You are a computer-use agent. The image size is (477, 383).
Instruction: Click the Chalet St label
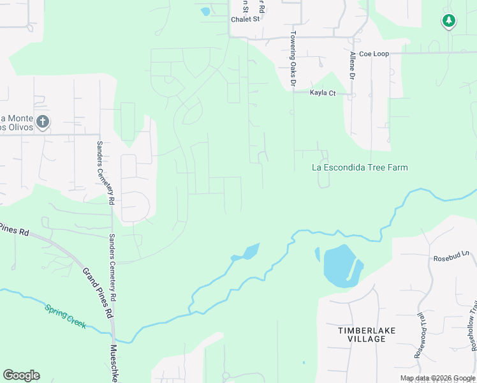246,19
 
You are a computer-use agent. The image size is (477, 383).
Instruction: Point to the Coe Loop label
374,54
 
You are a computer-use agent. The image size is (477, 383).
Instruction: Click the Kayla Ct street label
323,93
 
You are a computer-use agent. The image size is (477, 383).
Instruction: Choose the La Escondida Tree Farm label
360,168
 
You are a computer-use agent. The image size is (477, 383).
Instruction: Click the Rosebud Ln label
451,259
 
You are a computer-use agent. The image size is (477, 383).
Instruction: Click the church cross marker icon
43,121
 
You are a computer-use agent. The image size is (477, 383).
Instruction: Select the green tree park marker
449,21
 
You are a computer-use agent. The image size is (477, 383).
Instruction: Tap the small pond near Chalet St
205,11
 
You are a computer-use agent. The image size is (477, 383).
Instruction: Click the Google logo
21,375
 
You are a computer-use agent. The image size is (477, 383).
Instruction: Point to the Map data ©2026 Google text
437,379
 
